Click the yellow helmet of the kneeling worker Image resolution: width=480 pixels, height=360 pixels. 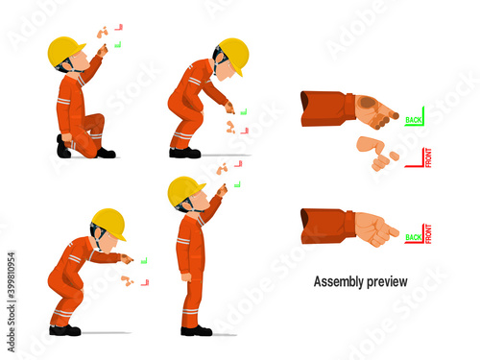tap(66, 50)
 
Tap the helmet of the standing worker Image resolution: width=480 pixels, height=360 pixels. tap(184, 189)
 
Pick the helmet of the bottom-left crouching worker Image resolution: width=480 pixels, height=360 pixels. tap(108, 222)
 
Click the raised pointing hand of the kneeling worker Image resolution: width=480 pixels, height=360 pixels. tap(101, 49)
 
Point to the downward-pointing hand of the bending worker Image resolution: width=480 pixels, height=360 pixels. tap(228, 108)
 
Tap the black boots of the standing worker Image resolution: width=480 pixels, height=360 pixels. tap(195, 330)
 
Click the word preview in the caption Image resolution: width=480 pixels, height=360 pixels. tap(387, 282)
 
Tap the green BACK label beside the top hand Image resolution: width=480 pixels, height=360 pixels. tap(414, 120)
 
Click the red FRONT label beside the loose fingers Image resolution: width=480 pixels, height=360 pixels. tap(427, 156)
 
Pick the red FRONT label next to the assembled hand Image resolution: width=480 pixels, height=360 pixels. tap(427, 232)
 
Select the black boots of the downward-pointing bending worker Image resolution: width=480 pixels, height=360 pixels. tap(184, 153)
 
